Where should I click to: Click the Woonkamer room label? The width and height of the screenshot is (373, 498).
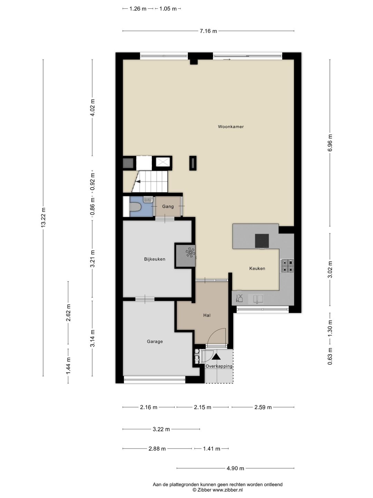(231, 127)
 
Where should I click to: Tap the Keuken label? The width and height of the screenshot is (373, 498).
(257, 268)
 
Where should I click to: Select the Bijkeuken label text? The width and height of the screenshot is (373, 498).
(155, 259)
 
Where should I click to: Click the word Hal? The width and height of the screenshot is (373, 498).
(207, 315)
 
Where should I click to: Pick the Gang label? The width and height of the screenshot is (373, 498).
(168, 206)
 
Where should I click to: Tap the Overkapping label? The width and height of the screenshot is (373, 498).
(219, 366)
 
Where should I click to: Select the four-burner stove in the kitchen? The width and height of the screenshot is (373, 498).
(287, 266)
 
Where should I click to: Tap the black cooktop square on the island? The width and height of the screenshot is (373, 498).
(262, 241)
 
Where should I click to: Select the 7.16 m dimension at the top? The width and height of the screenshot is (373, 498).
(208, 31)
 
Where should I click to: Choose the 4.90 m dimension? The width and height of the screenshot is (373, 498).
(235, 468)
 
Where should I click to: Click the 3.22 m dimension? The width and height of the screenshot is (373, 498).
(161, 429)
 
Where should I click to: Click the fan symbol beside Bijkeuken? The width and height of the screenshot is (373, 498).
(190, 253)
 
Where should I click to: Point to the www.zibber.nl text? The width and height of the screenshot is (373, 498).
(228, 490)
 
